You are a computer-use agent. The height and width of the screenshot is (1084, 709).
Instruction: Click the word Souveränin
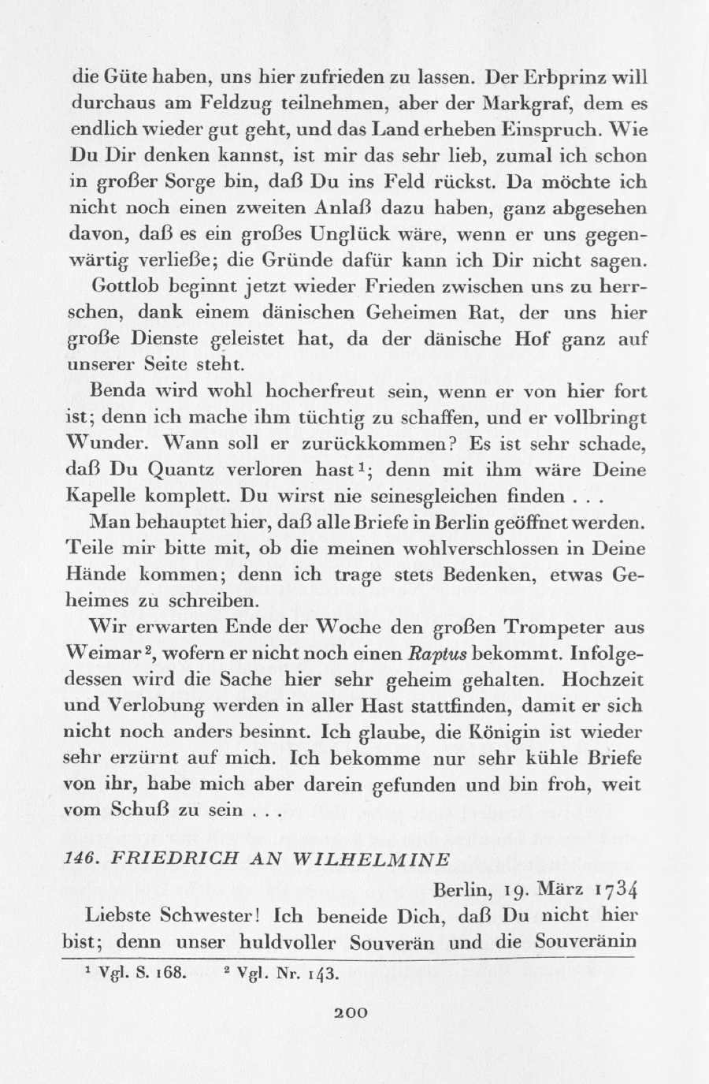tap(585, 941)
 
